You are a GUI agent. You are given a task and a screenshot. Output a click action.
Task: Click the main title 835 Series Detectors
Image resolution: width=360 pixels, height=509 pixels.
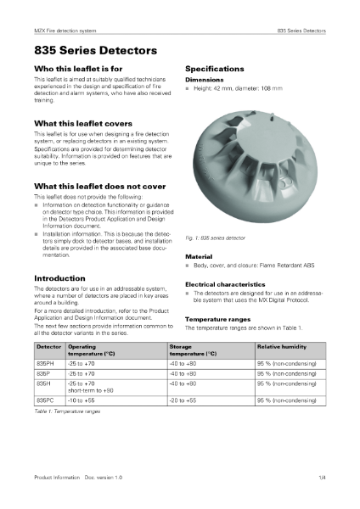coord(89,51)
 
